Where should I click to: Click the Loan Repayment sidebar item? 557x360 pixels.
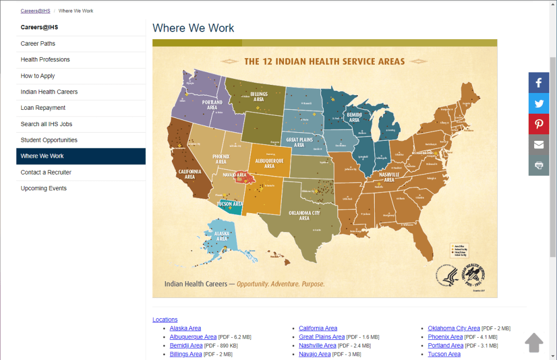coord(43,108)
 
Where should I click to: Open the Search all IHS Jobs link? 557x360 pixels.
coord(46,124)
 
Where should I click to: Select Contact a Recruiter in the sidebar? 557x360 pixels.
coord(46,172)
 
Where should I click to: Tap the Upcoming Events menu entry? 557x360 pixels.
coord(44,188)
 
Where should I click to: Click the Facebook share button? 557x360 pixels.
coord(539,83)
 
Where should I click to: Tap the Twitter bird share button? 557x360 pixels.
coord(539,103)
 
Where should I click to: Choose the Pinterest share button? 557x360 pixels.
coord(539,124)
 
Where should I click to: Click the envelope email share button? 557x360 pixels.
coord(539,145)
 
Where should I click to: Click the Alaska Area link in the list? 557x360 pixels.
coord(185,328)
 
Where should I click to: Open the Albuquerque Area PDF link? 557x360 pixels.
coord(193,337)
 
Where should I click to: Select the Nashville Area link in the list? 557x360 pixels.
coord(317,345)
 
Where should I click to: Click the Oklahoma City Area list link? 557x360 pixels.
coord(454,328)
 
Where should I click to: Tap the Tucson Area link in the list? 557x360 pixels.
coord(444,354)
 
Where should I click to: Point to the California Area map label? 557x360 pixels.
coord(190,174)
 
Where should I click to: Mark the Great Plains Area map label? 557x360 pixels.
coord(299,142)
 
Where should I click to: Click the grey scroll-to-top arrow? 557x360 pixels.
coord(534,343)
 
